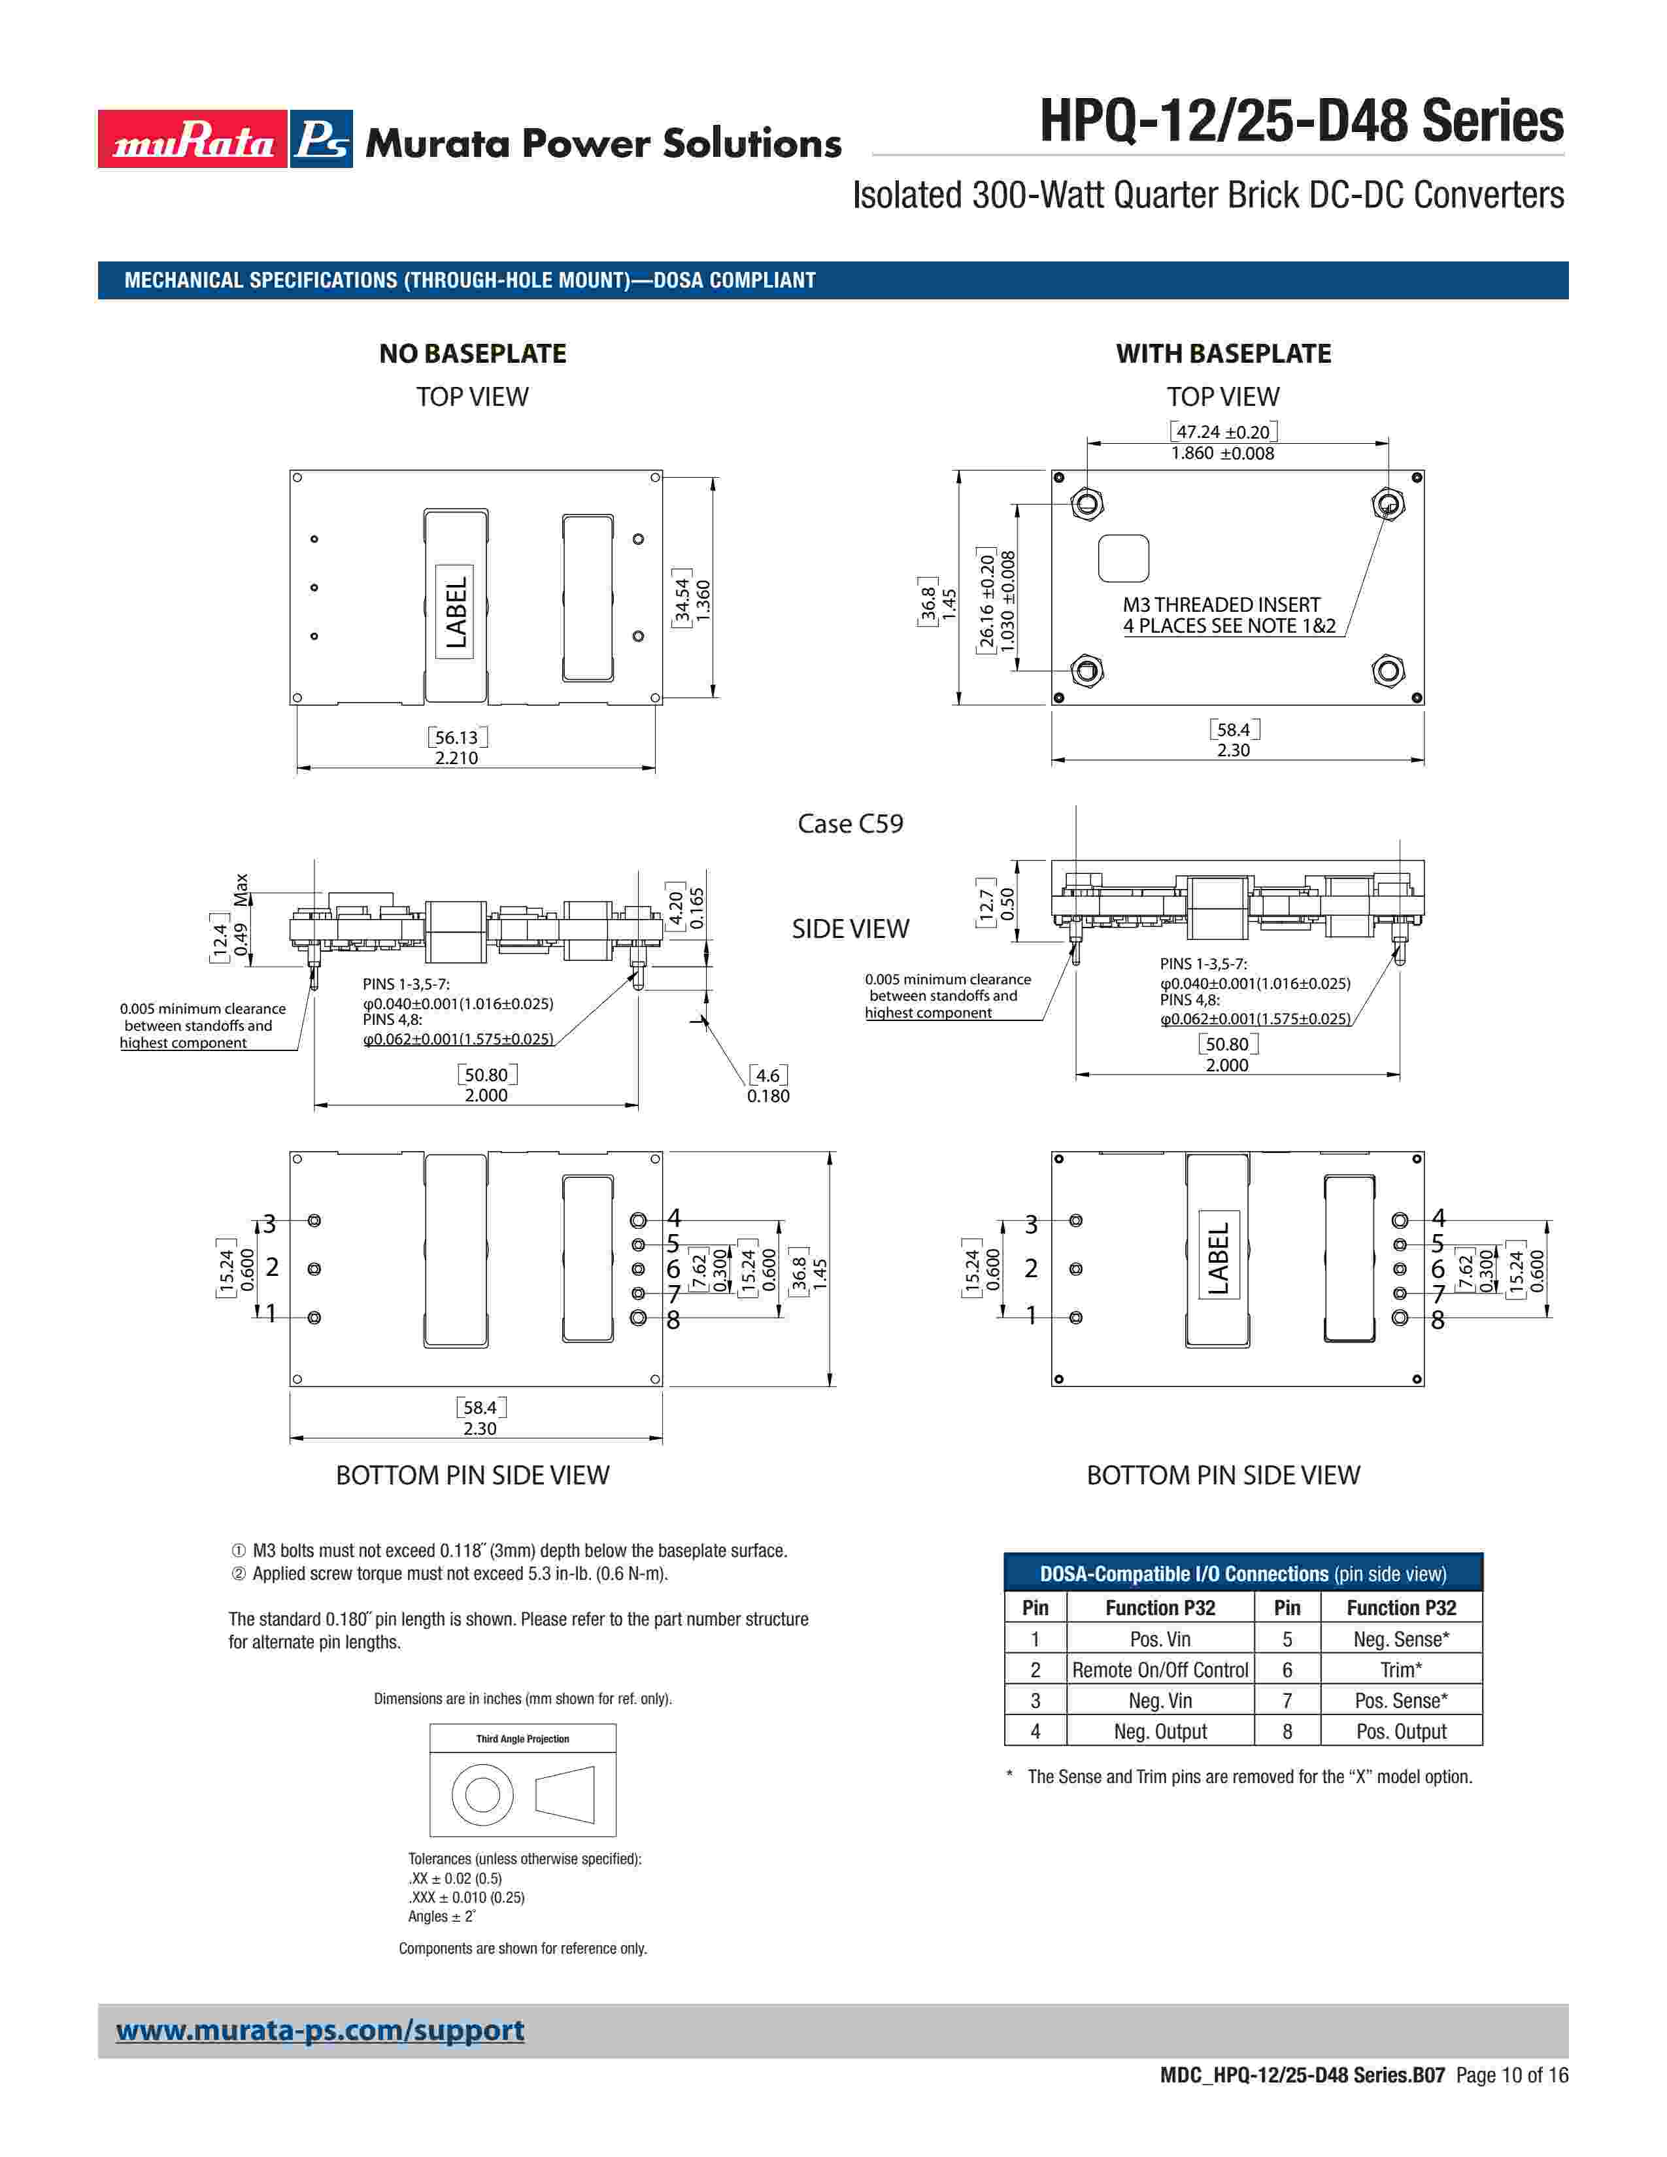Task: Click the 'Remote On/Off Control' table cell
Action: [1160, 1669]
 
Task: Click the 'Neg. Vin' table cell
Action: [1160, 1699]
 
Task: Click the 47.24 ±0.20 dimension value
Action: [1222, 431]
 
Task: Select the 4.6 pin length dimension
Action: [767, 1075]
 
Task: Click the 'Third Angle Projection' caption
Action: [522, 1738]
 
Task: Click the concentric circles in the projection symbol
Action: [482, 1794]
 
